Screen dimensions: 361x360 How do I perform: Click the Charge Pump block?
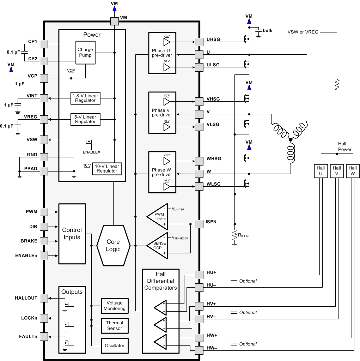coord(85,53)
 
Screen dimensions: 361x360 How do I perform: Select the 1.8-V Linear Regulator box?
coord(85,98)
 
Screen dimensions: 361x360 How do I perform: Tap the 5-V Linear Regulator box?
coord(85,119)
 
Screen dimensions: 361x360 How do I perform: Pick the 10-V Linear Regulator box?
coord(107,168)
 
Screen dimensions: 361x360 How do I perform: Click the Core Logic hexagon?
coord(113,245)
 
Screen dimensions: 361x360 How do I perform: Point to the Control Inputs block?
coord(72,234)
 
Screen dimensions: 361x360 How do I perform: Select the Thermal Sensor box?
coord(115,325)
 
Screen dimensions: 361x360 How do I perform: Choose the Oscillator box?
coord(115,345)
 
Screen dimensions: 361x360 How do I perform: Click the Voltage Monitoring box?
coord(114,306)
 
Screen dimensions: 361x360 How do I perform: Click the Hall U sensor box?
coord(321,171)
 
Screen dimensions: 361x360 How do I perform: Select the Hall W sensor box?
coord(353,171)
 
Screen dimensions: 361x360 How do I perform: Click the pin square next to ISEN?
coord(199,223)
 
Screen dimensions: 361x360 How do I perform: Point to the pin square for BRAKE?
coord(44,241)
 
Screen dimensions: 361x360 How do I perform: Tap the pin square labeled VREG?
coord(44,119)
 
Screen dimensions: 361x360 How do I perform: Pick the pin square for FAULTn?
coord(44,337)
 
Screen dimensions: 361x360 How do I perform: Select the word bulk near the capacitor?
coord(268,31)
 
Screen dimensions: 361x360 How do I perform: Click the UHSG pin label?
coord(214,40)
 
